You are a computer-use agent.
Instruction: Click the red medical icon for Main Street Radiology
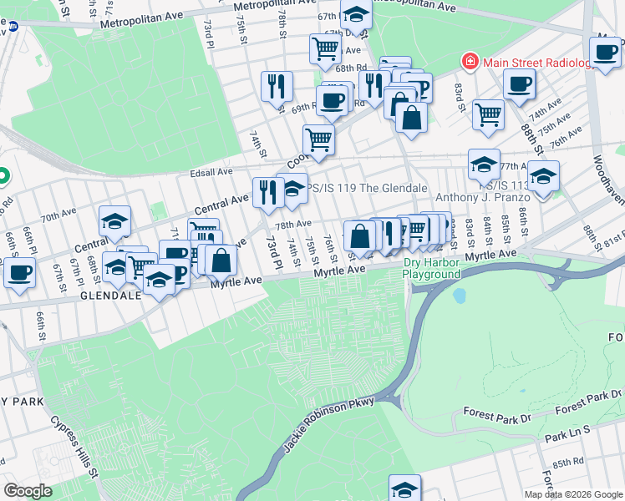click(470, 63)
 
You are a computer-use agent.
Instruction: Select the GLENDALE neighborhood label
click(110, 296)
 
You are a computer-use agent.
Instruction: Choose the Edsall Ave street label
click(212, 171)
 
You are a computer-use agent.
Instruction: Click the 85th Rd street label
click(567, 462)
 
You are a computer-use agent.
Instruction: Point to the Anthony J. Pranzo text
click(483, 198)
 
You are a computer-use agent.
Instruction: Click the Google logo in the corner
click(28, 490)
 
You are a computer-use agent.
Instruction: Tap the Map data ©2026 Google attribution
click(573, 494)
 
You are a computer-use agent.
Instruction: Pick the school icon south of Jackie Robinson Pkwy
click(404, 488)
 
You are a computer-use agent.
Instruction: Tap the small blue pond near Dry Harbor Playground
click(459, 296)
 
